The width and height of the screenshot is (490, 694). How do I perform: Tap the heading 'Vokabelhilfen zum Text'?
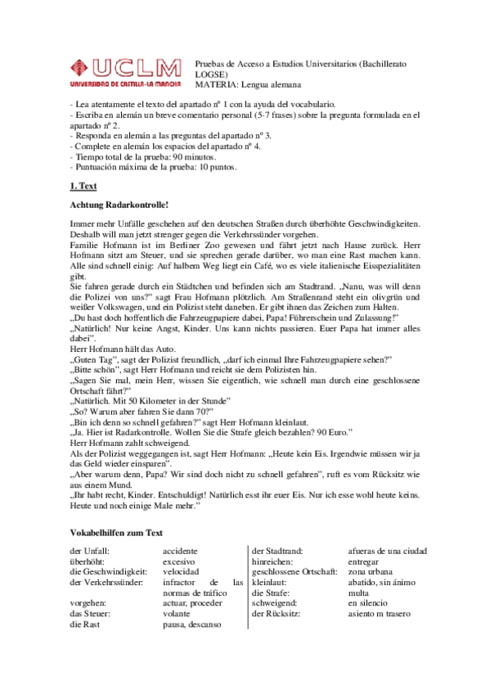(117, 533)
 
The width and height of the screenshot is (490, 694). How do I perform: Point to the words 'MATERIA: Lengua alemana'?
(248, 83)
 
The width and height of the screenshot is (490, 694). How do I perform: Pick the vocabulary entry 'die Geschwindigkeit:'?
(109, 572)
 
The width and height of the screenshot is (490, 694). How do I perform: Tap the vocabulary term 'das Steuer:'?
(91, 613)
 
